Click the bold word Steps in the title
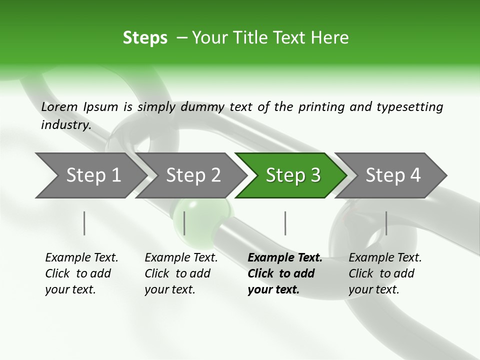pyautogui.click(x=145, y=38)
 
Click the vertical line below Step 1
pyautogui.click(x=84, y=223)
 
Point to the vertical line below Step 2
pyautogui.click(x=184, y=223)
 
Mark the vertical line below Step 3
pyautogui.click(x=285, y=223)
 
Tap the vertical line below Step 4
pyautogui.click(x=386, y=223)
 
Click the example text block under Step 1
pyautogui.click(x=81, y=273)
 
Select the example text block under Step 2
pyautogui.click(x=181, y=273)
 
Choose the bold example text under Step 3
pyautogui.click(x=284, y=273)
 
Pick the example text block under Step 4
pyautogui.click(x=385, y=273)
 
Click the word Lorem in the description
pyautogui.click(x=59, y=106)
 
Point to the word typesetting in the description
pyautogui.click(x=409, y=106)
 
